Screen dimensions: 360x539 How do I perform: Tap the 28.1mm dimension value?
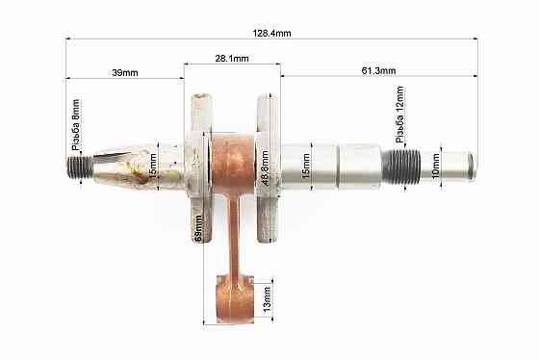click(x=232, y=58)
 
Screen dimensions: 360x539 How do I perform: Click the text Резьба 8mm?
click(x=76, y=121)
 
